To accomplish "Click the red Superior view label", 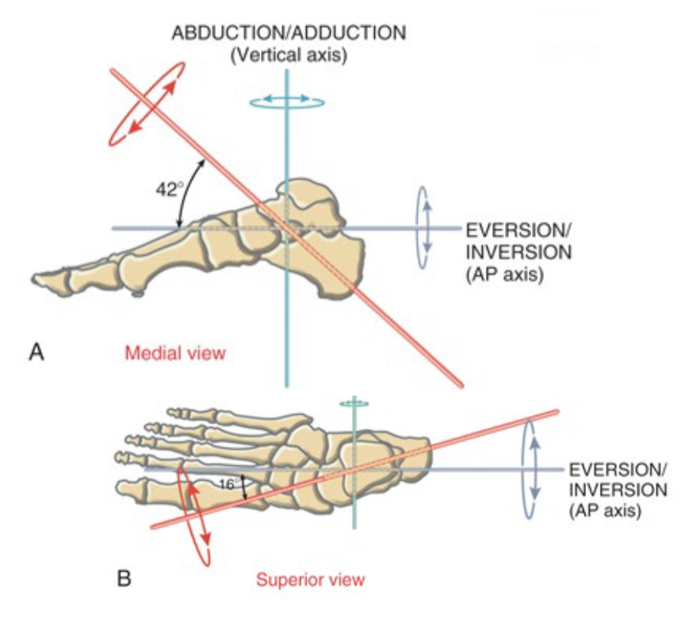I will point(311,579).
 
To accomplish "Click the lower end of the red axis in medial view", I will point(457,380).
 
